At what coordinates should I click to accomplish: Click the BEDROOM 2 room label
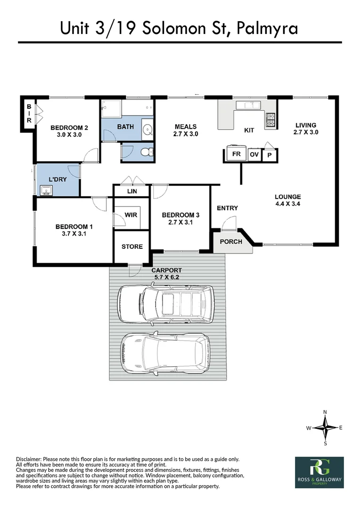tap(69, 128)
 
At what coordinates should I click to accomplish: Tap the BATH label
tap(125, 127)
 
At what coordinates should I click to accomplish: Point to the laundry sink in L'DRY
tap(47, 190)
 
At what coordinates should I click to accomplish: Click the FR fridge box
tap(236, 154)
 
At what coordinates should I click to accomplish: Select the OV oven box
tap(254, 155)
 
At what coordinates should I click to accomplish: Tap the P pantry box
tap(270, 155)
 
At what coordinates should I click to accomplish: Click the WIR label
tap(131, 215)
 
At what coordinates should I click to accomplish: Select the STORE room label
tap(132, 246)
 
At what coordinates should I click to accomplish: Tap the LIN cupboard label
tap(131, 191)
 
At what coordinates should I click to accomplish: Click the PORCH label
tap(231, 242)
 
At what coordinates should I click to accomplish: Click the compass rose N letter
tap(325, 412)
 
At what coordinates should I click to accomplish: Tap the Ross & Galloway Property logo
tap(319, 472)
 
